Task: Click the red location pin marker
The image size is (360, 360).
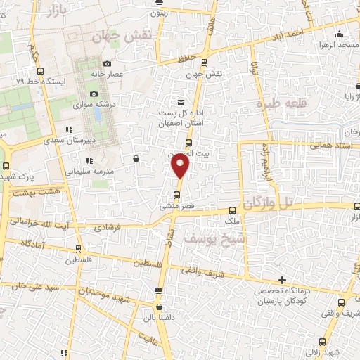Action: (180, 166)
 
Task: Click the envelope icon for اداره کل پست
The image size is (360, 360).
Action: (181, 102)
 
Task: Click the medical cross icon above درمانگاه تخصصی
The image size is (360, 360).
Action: (283, 280)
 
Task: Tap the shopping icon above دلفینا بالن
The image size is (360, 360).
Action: (159, 307)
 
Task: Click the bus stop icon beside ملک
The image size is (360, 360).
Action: (233, 210)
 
